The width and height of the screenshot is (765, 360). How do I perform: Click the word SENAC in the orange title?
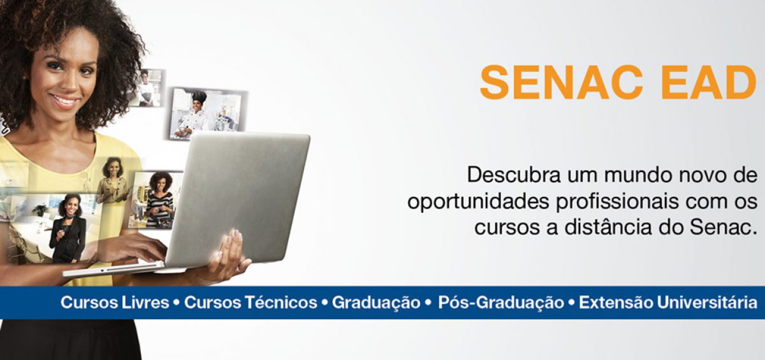[561, 82]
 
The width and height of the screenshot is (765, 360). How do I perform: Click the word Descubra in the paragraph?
[514, 175]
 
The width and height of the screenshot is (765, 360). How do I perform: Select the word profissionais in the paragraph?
[617, 201]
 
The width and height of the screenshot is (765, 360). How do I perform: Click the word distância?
[608, 227]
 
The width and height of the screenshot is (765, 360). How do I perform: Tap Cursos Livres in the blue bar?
[115, 303]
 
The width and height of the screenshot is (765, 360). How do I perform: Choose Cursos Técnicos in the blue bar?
[251, 303]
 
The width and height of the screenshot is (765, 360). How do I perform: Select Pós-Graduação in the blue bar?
[501, 303]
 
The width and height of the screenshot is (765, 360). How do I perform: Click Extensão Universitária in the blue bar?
[667, 303]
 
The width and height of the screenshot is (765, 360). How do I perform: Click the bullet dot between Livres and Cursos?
[177, 303]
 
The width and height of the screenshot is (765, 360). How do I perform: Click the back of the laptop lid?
[239, 196]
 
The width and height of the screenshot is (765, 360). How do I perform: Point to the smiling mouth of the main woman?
[64, 101]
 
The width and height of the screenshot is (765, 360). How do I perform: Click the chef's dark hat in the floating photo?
[199, 96]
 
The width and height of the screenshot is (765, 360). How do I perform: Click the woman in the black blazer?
[68, 229]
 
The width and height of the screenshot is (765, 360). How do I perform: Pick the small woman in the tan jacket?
[113, 181]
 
